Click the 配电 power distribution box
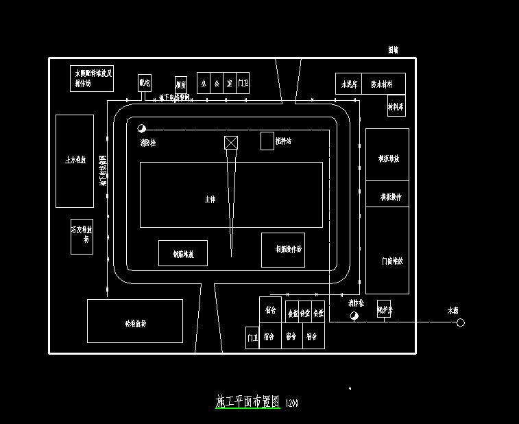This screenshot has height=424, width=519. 144,83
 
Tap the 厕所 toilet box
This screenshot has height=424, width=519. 181,84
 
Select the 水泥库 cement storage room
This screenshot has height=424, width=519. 348,84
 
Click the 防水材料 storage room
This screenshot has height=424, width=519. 383,84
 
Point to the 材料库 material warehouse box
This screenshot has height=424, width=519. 396,106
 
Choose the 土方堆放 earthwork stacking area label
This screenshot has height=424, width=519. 74,160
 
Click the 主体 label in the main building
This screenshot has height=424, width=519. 210,199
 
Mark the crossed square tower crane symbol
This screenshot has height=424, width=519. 231,143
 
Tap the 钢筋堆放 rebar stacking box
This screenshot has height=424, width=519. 182,253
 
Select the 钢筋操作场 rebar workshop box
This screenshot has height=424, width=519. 282,250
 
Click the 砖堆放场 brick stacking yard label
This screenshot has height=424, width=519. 134,322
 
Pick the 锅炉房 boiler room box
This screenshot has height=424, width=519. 384,309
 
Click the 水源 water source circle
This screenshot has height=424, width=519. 461,322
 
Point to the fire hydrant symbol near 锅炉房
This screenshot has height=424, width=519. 354,316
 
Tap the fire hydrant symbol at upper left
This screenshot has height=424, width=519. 142,128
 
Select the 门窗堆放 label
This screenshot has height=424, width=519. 391,261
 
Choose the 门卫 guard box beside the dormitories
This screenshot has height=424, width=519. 252,338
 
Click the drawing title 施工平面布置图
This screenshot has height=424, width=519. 248,402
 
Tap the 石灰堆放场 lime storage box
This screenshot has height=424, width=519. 82,236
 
